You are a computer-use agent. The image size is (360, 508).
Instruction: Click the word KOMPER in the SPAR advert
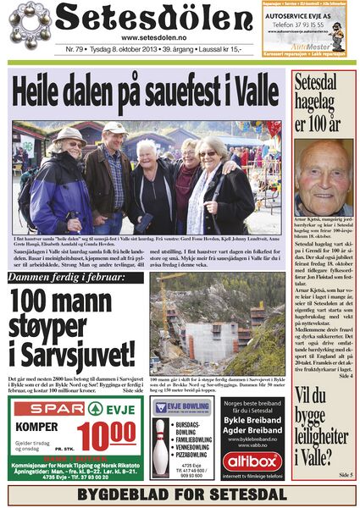(36, 428)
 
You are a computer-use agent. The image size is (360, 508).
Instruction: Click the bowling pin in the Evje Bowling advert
(159, 441)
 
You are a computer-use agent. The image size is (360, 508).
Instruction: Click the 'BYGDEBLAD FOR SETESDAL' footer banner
(180, 494)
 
